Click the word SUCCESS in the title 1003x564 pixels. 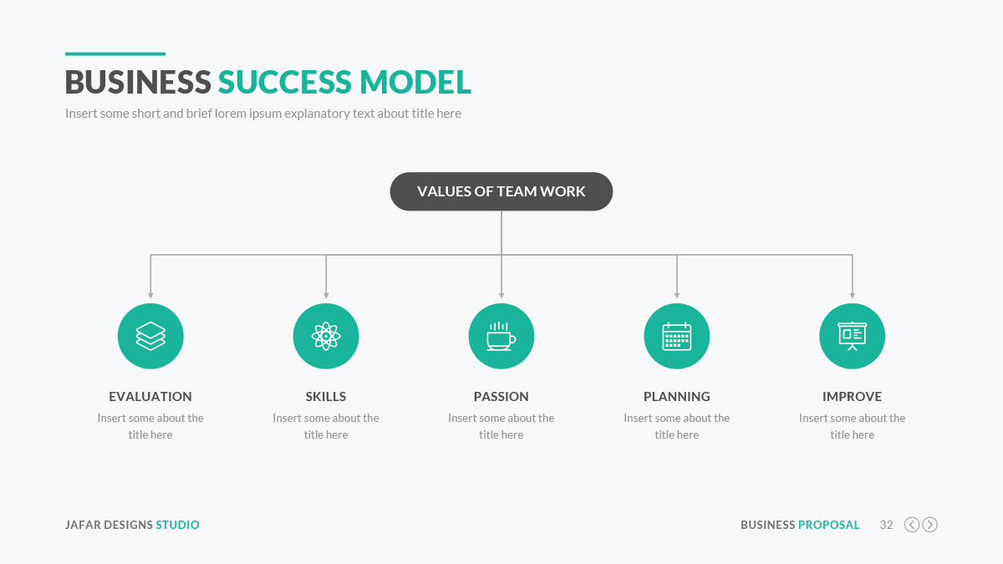click(x=285, y=82)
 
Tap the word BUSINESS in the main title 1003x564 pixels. click(x=138, y=82)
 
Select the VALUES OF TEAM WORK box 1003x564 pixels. click(x=501, y=191)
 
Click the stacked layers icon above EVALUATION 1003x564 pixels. click(x=150, y=336)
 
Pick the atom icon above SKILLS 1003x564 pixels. click(x=326, y=336)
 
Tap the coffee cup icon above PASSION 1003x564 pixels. click(x=501, y=336)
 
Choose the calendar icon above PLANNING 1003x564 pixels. click(x=676, y=336)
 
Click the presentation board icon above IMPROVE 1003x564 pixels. click(x=852, y=336)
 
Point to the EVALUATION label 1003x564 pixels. click(x=150, y=397)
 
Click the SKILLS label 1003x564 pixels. click(x=326, y=397)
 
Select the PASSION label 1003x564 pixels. click(x=501, y=397)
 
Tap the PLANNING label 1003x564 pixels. click(x=676, y=397)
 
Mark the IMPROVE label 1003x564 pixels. click(x=852, y=397)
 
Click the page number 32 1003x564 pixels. click(x=887, y=525)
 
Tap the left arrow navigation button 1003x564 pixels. click(x=912, y=525)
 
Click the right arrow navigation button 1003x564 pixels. click(x=930, y=525)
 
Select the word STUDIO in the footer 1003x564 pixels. click(x=177, y=525)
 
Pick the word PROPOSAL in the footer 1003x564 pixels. click(x=829, y=525)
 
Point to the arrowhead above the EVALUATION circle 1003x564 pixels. click(x=150, y=296)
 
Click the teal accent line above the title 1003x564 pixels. click(x=115, y=54)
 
